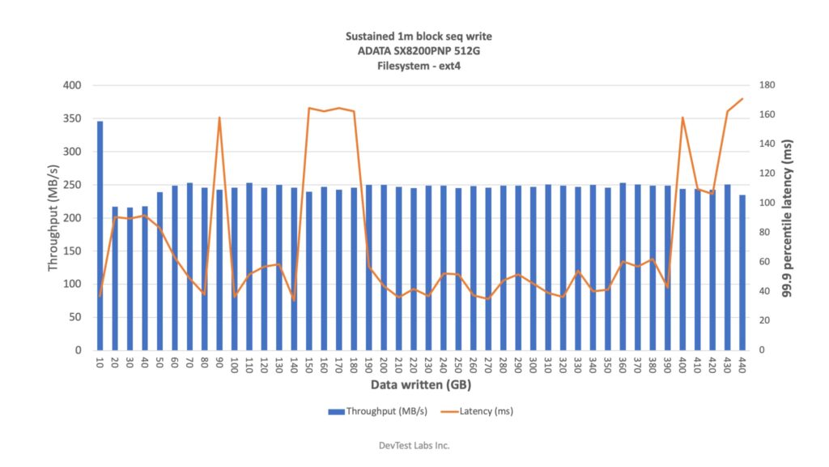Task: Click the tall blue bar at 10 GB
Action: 100,235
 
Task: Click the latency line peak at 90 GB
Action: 219,118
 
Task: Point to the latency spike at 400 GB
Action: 682,118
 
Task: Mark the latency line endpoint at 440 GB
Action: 742,99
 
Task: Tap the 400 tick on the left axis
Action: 71,85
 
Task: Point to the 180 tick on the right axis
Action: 768,85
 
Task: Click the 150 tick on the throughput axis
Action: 71,251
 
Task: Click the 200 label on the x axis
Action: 384,366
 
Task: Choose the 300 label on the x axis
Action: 533,366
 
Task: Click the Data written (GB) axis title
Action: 421,384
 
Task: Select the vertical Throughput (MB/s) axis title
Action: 53,218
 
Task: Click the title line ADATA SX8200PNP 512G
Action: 418,51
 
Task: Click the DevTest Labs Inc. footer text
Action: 414,445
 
